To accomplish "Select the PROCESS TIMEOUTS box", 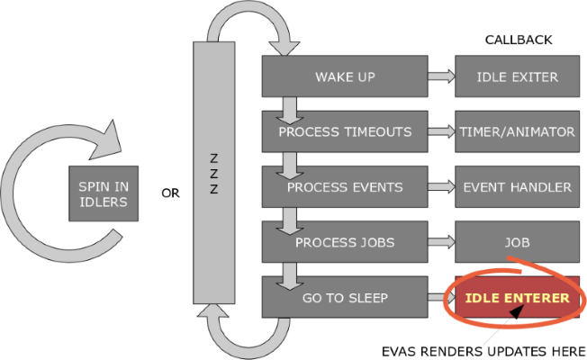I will coord(345,132).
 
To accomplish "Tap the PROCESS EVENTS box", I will coord(345,187).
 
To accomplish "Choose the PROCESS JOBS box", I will coord(345,242).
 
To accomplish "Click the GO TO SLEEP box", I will coord(345,297).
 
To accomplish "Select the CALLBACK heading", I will coord(518,40).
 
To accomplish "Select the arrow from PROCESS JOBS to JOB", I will coord(441,242).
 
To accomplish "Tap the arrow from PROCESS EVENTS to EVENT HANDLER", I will coord(441,187).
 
